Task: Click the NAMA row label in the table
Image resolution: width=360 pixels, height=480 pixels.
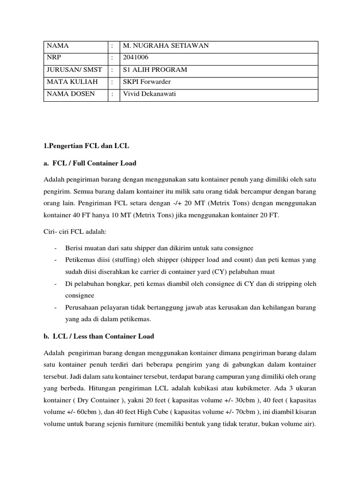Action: [x=57, y=46]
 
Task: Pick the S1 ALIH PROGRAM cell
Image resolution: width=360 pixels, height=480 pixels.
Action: [x=155, y=70]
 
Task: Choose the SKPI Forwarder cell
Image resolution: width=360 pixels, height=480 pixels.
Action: [x=147, y=82]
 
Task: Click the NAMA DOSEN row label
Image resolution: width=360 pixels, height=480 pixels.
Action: [x=70, y=94]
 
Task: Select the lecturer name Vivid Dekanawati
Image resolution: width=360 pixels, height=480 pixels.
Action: [x=148, y=94]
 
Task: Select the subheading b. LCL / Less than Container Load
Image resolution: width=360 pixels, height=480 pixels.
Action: [x=99, y=337]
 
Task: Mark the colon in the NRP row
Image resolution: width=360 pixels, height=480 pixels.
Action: [x=112, y=58]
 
